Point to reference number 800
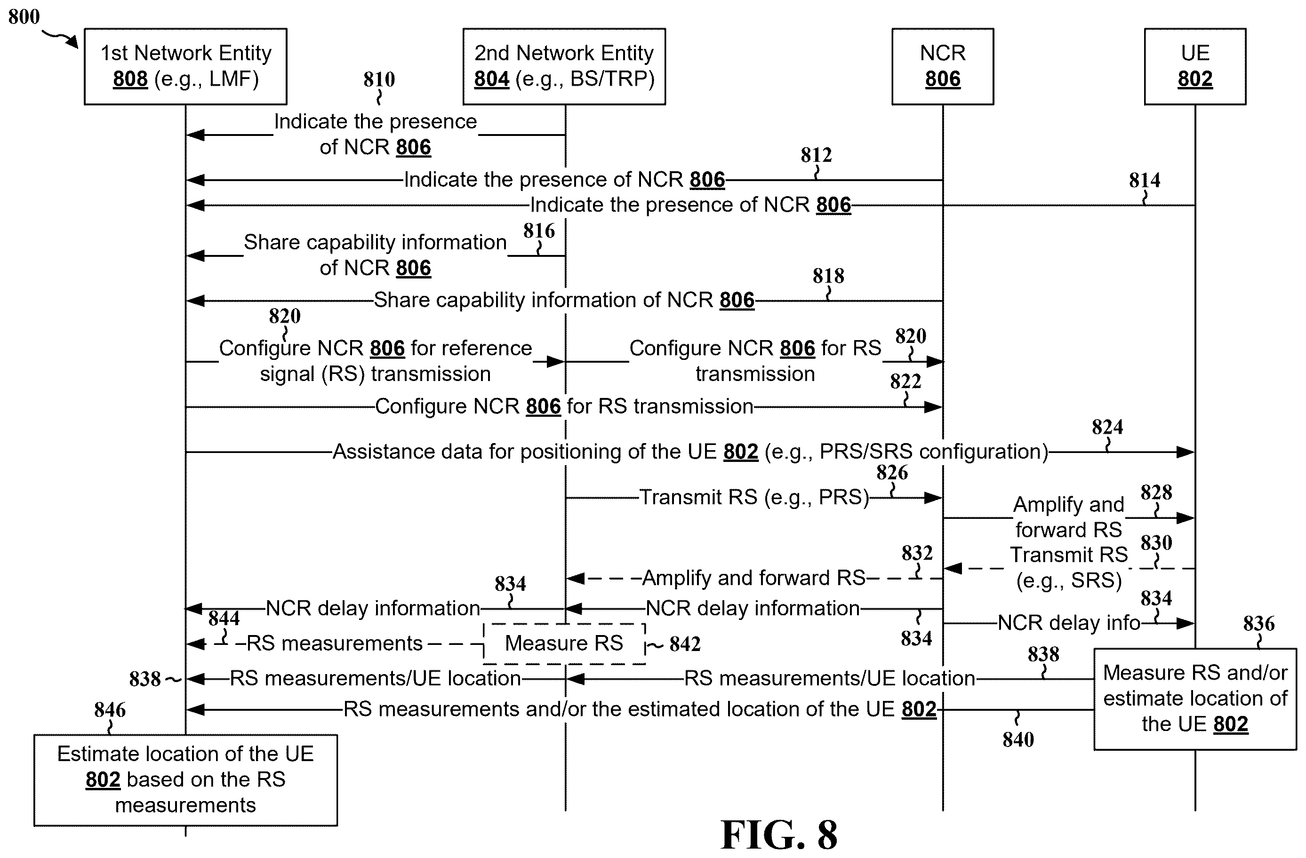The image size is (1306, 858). point(24,16)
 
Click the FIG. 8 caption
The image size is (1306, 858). point(779,834)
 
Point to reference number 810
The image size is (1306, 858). point(379,79)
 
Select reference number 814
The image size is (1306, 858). point(1145,180)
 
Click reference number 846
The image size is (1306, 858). point(110,710)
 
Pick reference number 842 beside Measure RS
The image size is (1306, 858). point(685,644)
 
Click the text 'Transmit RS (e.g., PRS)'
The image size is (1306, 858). point(754,497)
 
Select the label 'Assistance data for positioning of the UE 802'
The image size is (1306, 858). point(545,452)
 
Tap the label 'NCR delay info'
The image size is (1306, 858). point(1069,623)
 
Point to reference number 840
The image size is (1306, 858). point(1018,739)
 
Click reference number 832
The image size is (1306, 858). point(917,553)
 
